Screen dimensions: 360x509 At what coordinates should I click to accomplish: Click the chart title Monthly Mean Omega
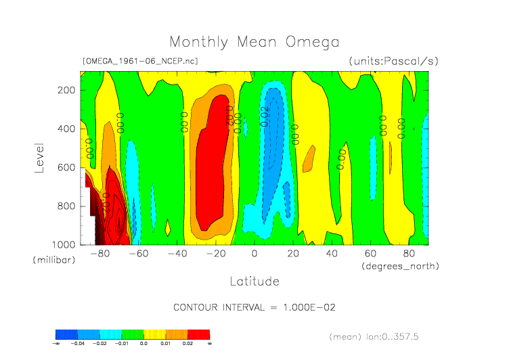254,42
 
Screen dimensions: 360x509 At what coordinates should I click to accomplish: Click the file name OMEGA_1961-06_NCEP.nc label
140,61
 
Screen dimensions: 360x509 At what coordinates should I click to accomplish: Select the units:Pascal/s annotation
393,61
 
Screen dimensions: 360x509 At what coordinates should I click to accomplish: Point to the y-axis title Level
39,157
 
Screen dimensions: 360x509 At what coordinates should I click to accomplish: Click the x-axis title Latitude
254,280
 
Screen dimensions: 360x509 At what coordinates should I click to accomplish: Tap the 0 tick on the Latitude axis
255,254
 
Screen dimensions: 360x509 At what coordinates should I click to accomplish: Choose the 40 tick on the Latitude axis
332,254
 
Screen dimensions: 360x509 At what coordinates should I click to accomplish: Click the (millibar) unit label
53,260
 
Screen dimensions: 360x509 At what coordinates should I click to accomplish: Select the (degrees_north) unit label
400,266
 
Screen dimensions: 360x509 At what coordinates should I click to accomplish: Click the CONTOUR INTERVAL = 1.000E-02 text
255,307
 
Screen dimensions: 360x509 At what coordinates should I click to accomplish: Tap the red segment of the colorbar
198,334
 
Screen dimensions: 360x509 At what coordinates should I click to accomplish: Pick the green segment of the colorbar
133,334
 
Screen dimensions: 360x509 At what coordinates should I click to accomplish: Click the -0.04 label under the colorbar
78,344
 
